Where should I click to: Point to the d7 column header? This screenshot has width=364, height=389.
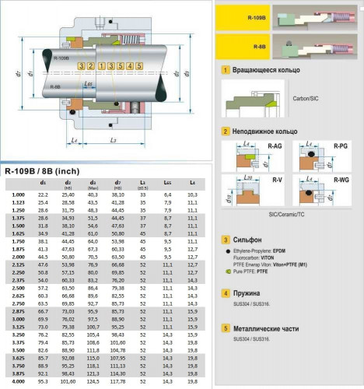click(119, 183)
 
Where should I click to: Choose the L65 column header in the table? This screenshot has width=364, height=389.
click(167, 183)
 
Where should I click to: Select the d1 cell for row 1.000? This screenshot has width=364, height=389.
click(43, 194)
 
